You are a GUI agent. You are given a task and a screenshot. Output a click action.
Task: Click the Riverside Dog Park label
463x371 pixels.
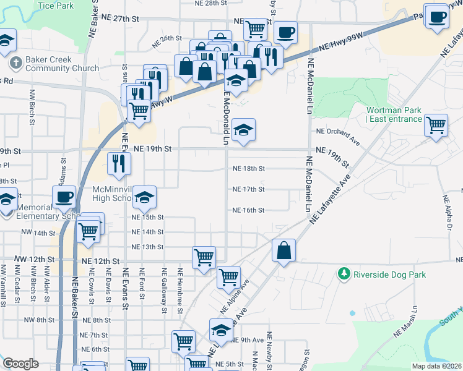(388, 273)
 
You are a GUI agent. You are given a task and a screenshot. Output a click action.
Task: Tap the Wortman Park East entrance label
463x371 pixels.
(393, 114)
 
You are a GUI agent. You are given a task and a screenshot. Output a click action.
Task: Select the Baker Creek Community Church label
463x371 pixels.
(59, 64)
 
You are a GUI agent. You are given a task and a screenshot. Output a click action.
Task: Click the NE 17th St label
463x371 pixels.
(248, 189)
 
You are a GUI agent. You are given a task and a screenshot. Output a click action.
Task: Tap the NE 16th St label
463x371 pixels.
(248, 210)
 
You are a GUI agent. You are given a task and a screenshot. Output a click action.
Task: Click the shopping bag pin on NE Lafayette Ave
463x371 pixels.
(283, 251)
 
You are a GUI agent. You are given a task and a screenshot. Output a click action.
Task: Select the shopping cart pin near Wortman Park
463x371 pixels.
(436, 125)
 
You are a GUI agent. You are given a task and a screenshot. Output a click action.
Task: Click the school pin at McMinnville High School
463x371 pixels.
(145, 197)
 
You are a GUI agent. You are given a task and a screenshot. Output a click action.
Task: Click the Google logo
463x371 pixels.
(20, 364)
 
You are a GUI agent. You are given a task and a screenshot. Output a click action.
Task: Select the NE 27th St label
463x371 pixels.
(129, 19)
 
